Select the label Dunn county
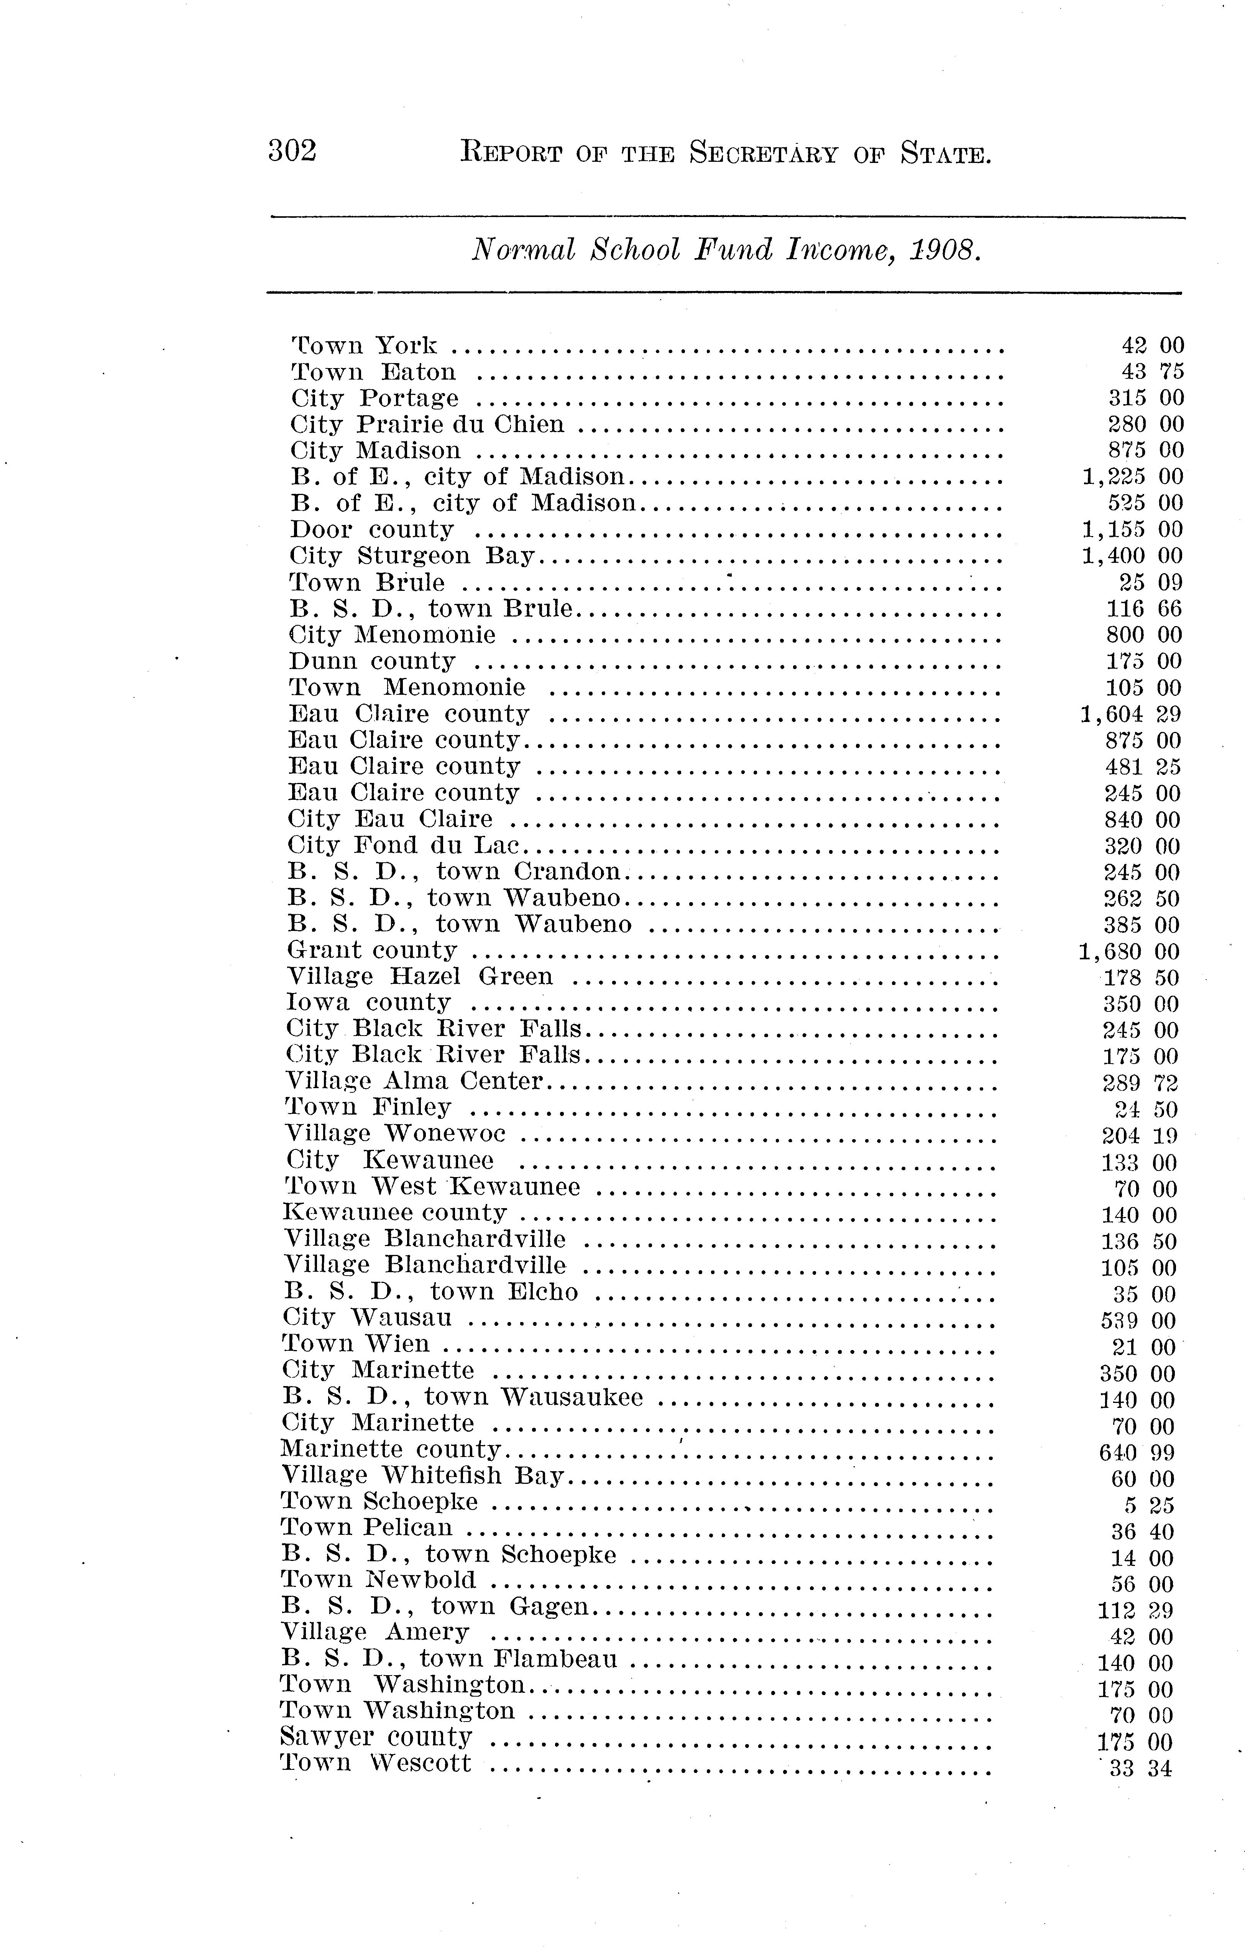(372, 661)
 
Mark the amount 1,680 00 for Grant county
(1128, 952)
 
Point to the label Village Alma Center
(414, 1082)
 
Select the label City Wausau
(367, 1319)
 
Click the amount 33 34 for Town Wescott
(1140, 1769)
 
